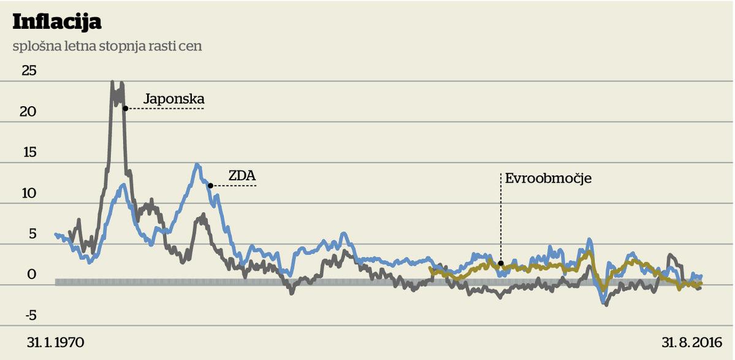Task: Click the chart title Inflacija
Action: pos(57,21)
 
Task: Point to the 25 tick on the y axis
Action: pos(29,71)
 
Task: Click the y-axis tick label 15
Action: pos(29,153)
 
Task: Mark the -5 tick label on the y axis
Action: pos(31,315)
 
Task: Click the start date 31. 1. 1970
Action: pos(55,342)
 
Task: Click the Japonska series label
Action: pos(173,99)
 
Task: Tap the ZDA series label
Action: pos(242,175)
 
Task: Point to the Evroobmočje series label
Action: pos(548,179)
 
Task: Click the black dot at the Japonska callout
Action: pos(125,109)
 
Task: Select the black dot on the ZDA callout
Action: pos(210,185)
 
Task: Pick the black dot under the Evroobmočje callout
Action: pos(501,264)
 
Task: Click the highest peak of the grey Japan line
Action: pos(113,82)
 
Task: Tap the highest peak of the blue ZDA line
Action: pos(197,164)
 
